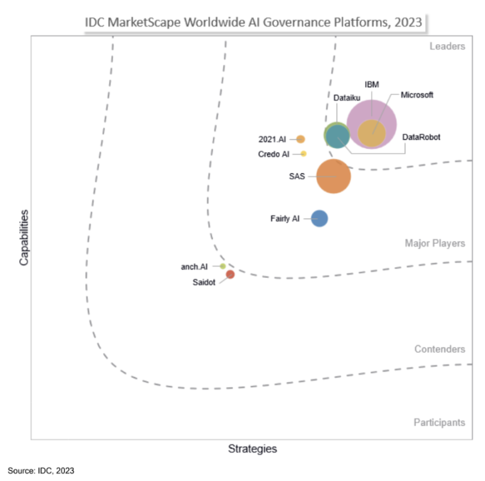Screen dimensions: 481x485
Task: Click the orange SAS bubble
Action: click(333, 177)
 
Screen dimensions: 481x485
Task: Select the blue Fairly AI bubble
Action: click(320, 219)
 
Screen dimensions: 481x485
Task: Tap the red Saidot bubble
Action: click(231, 274)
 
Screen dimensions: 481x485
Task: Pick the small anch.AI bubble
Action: click(223, 266)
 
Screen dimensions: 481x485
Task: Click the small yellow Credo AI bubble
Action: click(304, 154)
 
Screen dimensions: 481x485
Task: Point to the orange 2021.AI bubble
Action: click(301, 139)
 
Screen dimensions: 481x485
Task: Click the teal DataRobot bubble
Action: click(337, 136)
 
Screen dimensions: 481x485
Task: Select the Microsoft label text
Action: click(417, 95)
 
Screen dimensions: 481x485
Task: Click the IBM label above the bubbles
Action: click(372, 84)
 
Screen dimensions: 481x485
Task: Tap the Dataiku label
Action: click(347, 98)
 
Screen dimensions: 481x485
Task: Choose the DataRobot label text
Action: click(421, 137)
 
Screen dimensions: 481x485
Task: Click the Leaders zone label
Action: click(447, 46)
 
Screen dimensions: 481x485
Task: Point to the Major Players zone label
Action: click(435, 243)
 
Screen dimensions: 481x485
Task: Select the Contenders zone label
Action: click(440, 349)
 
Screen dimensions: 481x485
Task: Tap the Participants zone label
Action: click(440, 422)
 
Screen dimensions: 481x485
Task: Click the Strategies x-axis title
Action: click(252, 449)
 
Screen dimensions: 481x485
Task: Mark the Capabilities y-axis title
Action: click(24, 238)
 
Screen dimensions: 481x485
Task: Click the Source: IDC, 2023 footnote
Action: click(41, 470)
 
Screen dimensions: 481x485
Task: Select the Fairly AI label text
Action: click(285, 219)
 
